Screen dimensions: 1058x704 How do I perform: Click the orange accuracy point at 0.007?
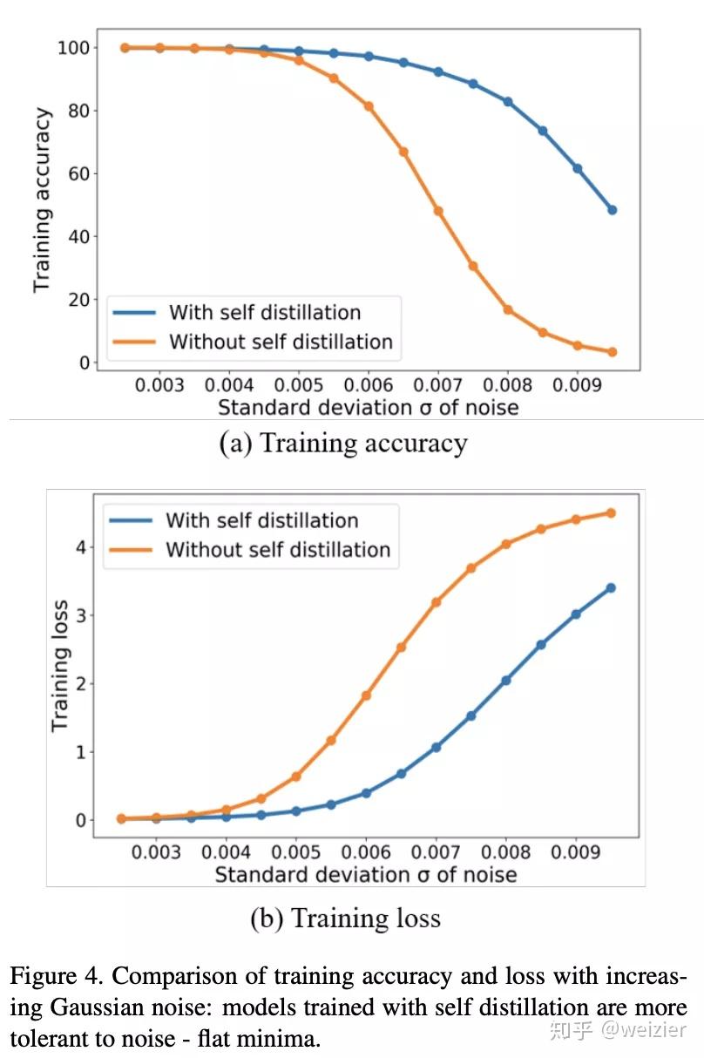tap(438, 211)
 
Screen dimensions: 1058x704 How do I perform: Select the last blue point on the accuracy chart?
tap(612, 210)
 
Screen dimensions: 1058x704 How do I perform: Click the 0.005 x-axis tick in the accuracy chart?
tap(298, 385)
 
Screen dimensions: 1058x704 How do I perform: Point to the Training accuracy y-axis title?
tap(42, 200)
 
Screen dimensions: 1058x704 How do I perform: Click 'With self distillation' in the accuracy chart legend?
tap(265, 312)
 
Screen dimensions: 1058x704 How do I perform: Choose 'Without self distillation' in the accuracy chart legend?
tap(281, 341)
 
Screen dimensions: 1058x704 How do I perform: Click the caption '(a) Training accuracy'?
tap(343, 444)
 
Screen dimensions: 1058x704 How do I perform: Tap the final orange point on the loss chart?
tap(611, 512)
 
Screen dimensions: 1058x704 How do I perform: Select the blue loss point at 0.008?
tap(506, 681)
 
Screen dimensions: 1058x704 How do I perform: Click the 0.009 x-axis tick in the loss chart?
tap(576, 851)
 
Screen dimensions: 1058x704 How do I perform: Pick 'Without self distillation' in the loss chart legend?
tap(278, 550)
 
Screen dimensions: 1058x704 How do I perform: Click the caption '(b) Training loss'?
tap(345, 918)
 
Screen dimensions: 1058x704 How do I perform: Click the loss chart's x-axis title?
tap(366, 873)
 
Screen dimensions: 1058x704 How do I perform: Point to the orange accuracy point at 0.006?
tap(369, 106)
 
